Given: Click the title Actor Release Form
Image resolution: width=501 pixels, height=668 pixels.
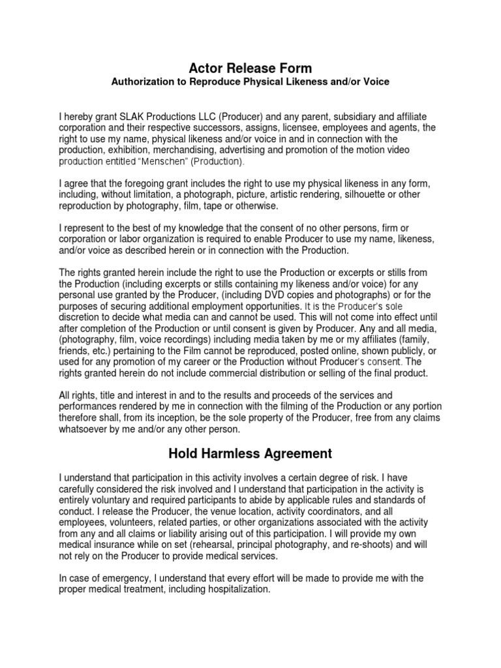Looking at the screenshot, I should click(250, 68).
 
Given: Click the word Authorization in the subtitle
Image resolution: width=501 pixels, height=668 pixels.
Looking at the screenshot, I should click(142, 82).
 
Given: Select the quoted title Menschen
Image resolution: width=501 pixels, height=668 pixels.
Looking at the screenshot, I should click(162, 161).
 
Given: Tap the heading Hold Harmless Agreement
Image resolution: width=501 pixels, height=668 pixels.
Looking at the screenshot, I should click(250, 453).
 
